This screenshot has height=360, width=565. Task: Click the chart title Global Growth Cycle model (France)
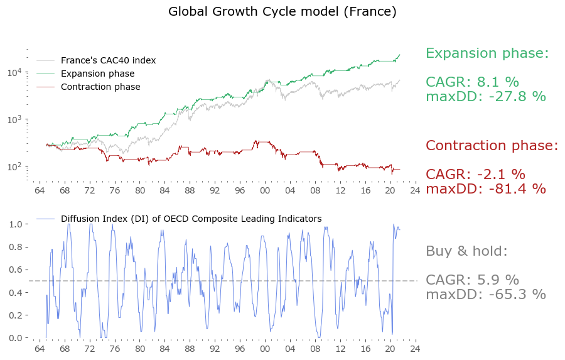282,11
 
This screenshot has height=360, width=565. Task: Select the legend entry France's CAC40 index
108,60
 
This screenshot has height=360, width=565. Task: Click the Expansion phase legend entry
97,74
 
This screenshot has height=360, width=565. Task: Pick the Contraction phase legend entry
100,87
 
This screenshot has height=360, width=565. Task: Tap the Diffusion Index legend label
191,219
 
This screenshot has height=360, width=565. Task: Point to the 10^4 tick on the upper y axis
15,72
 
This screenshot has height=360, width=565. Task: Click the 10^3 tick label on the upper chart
15,119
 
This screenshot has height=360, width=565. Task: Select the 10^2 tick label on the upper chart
15,166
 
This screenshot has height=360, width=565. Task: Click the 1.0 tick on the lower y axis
15,224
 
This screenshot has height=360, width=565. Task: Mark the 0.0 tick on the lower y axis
15,338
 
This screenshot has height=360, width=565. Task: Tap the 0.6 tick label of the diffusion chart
15,270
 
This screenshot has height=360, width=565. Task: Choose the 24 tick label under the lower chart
414,349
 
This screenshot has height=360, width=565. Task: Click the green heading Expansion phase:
487,53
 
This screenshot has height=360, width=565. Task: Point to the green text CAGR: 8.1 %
472,82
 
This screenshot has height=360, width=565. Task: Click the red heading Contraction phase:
492,146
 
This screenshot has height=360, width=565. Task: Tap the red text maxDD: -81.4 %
486,188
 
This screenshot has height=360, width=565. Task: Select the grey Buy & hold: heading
466,251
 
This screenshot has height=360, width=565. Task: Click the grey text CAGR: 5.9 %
472,280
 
